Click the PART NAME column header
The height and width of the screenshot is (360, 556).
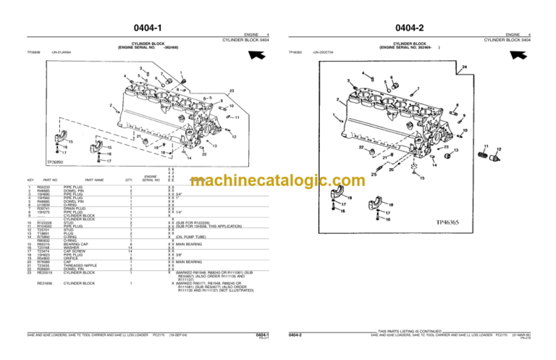coord(94,179)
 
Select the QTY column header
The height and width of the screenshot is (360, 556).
coord(129,179)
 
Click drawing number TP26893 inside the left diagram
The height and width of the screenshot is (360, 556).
coord(46,163)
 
